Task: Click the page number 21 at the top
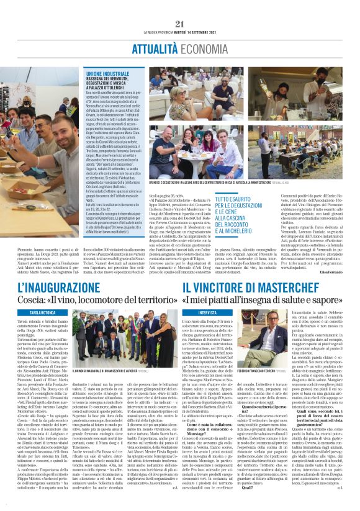[x=180, y=24]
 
